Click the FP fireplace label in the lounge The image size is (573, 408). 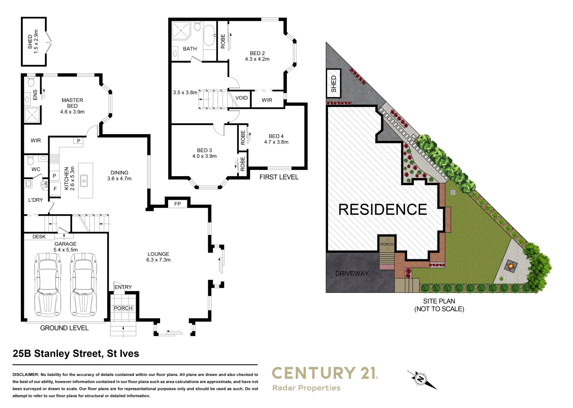tap(178, 204)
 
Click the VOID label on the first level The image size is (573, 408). tap(241, 98)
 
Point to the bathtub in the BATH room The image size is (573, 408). tap(209, 35)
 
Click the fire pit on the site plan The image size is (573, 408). tap(511, 267)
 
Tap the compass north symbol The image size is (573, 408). tap(420, 379)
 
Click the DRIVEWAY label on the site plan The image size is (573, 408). tap(352, 274)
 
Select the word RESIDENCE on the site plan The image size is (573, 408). tap(383, 210)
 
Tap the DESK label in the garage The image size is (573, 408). tap(39, 237)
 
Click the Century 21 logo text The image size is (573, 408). tap(325, 373)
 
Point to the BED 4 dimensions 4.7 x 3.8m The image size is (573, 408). tap(276, 142)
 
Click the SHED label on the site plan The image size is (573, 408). tap(333, 84)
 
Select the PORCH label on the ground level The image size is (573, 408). tap(123, 308)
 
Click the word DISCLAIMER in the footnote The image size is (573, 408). tap(25, 375)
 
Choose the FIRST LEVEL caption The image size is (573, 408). tap(279, 177)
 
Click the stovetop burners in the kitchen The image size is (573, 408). tap(54, 159)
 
